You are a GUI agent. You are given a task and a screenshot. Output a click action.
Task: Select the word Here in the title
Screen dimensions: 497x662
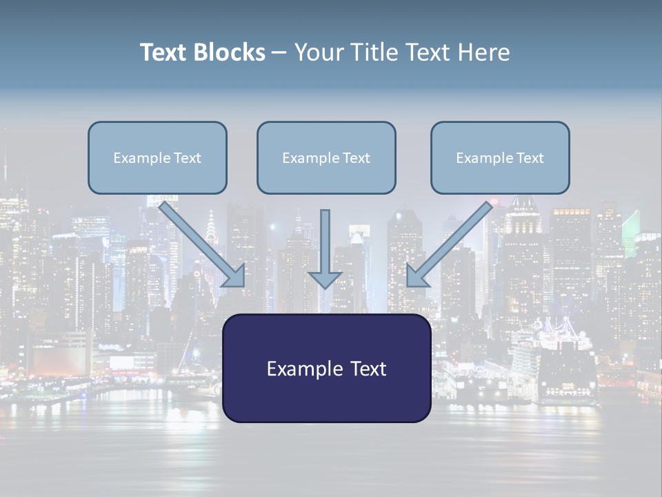(x=483, y=52)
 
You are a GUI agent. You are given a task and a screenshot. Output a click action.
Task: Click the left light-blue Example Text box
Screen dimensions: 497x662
(x=157, y=157)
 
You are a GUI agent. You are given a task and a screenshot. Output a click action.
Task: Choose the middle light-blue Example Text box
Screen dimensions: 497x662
(x=326, y=157)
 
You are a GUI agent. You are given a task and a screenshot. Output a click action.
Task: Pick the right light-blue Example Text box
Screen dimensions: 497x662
(x=500, y=157)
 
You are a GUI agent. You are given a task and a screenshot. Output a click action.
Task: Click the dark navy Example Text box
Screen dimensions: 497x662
(x=326, y=368)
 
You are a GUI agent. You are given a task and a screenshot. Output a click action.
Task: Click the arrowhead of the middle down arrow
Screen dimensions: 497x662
(x=325, y=279)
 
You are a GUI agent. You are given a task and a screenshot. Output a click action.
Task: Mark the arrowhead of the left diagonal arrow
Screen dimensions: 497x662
(x=234, y=276)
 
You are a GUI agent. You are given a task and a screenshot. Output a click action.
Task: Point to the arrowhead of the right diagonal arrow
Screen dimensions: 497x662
(x=417, y=276)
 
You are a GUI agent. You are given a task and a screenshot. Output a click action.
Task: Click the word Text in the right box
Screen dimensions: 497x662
(x=529, y=158)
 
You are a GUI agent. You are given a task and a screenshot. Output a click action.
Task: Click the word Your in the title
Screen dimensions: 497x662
(x=317, y=52)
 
